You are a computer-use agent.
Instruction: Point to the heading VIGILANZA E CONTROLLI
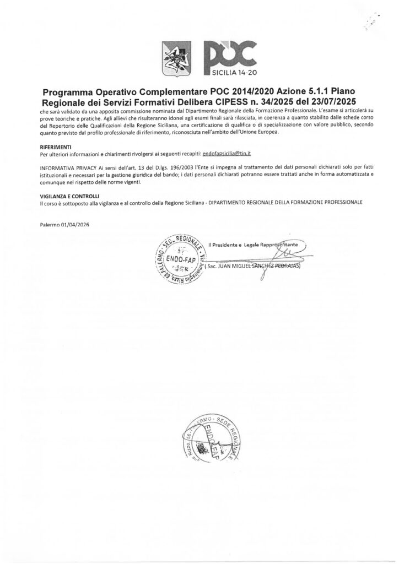click(69, 196)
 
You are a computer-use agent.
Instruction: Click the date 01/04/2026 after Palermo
click(77, 225)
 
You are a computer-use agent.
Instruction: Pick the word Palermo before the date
click(52, 225)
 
